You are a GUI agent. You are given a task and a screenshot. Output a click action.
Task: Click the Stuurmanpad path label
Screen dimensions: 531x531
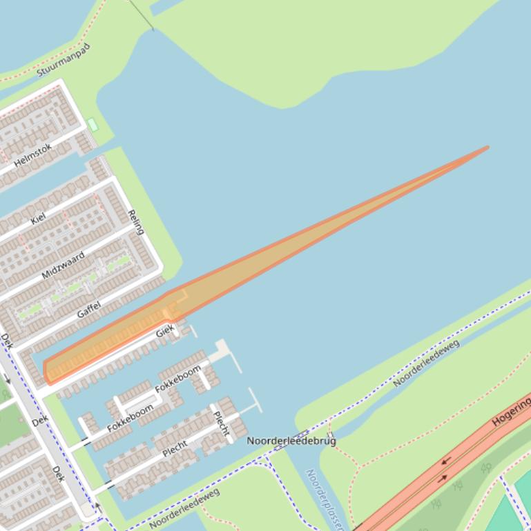(64, 60)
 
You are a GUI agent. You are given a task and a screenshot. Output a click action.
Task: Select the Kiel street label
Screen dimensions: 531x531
(38, 218)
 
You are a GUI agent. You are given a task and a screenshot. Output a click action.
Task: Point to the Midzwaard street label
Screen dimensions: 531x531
(63, 265)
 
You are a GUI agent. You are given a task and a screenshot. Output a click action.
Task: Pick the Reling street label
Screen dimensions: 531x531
(136, 222)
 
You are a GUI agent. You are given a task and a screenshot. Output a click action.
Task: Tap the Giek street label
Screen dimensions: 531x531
(165, 332)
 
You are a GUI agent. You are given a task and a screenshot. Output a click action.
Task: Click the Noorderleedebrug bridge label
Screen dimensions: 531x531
(291, 440)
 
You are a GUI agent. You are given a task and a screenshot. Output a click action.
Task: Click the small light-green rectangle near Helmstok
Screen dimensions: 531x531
(93, 125)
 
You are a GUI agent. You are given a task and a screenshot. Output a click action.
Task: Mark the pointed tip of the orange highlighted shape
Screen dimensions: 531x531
(487, 148)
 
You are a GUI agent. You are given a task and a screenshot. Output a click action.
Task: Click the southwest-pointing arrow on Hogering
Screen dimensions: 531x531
(446, 462)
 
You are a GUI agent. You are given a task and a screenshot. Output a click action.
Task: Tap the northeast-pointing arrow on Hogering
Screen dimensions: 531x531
(442, 478)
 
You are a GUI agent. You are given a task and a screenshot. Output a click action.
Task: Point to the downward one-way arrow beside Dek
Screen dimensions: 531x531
(8, 378)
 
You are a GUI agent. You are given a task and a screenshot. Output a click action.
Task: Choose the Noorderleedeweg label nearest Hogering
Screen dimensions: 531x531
(427, 363)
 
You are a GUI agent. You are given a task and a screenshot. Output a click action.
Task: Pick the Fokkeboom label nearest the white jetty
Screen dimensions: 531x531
(178, 378)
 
